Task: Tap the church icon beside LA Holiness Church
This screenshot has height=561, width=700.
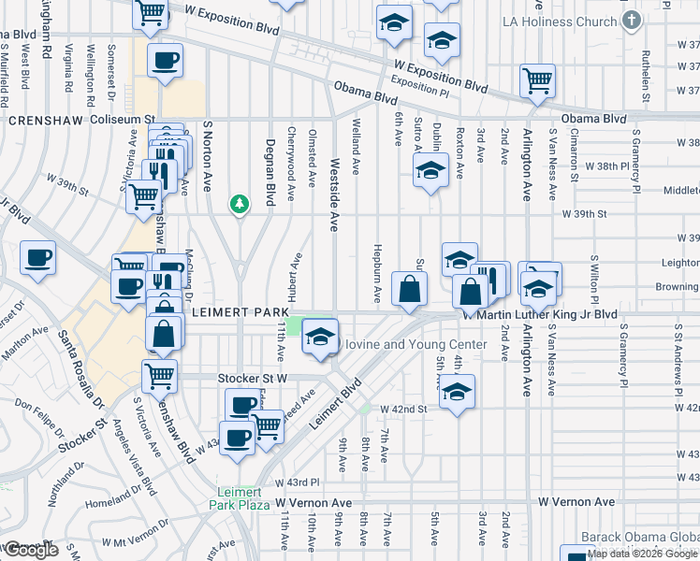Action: tap(632, 20)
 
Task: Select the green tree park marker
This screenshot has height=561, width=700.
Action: tap(241, 204)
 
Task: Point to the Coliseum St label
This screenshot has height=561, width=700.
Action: tap(123, 120)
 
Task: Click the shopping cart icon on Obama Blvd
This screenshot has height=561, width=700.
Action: tap(538, 80)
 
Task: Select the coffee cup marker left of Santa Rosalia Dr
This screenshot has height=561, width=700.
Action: tap(37, 258)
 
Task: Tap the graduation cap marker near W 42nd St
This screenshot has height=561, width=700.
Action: tap(458, 391)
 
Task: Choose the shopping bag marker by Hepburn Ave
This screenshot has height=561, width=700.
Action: tap(410, 289)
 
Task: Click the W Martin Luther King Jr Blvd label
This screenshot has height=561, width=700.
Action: tap(541, 315)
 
